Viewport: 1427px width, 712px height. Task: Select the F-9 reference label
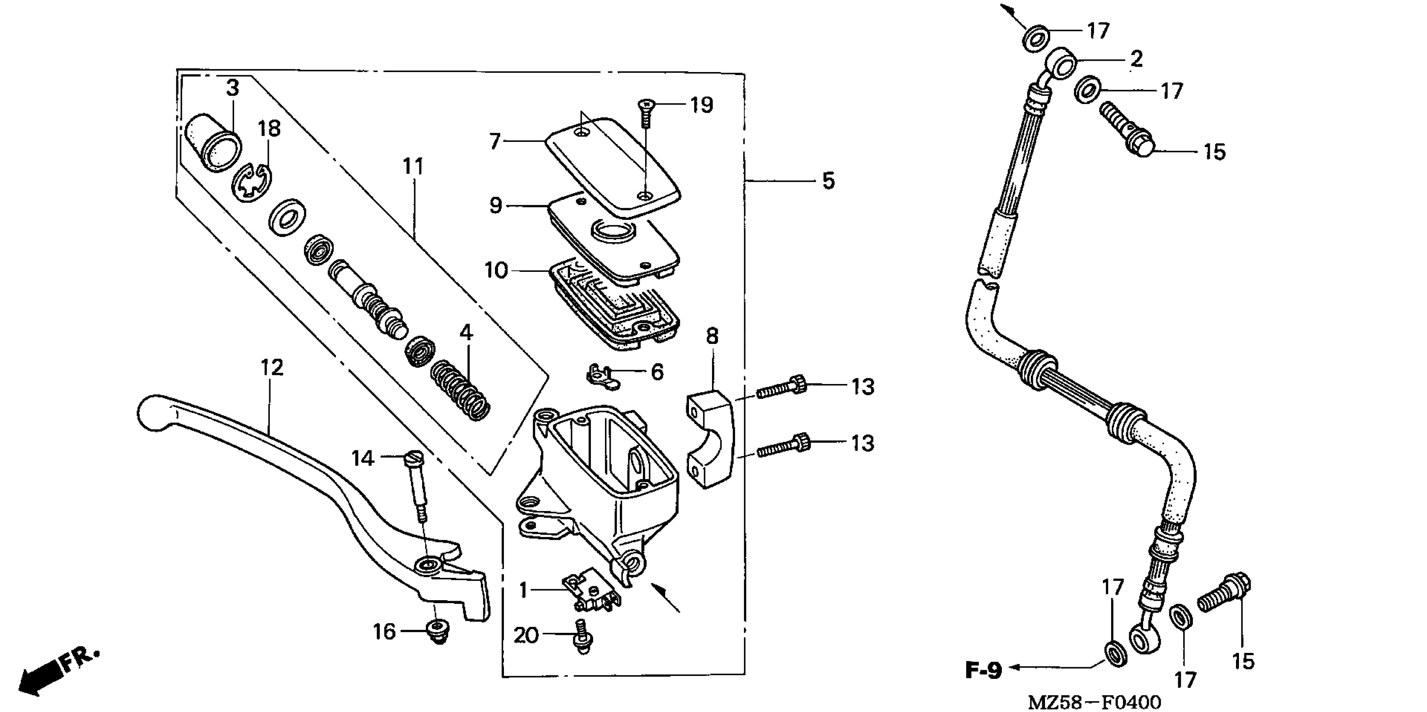(x=983, y=671)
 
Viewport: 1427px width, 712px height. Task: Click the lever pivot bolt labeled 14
(x=417, y=482)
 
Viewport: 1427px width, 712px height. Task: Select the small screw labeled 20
(x=582, y=637)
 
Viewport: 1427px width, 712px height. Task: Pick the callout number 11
(x=413, y=166)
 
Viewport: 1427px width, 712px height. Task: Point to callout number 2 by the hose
(x=1135, y=59)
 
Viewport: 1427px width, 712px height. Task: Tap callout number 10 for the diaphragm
(x=496, y=271)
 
